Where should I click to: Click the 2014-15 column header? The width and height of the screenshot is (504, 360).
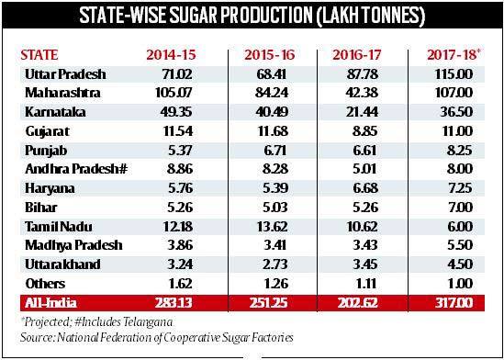(171, 55)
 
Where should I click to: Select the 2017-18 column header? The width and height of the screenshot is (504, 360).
(454, 55)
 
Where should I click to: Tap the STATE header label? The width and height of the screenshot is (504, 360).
(39, 55)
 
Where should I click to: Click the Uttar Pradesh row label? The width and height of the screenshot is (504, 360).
(65, 74)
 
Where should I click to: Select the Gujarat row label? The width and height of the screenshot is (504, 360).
(47, 131)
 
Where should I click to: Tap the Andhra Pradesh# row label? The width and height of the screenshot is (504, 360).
(76, 169)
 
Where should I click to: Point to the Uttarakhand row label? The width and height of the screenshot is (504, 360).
(62, 264)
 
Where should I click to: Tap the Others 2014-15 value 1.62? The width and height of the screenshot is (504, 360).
(179, 284)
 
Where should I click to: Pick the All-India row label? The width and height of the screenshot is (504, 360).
(51, 303)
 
